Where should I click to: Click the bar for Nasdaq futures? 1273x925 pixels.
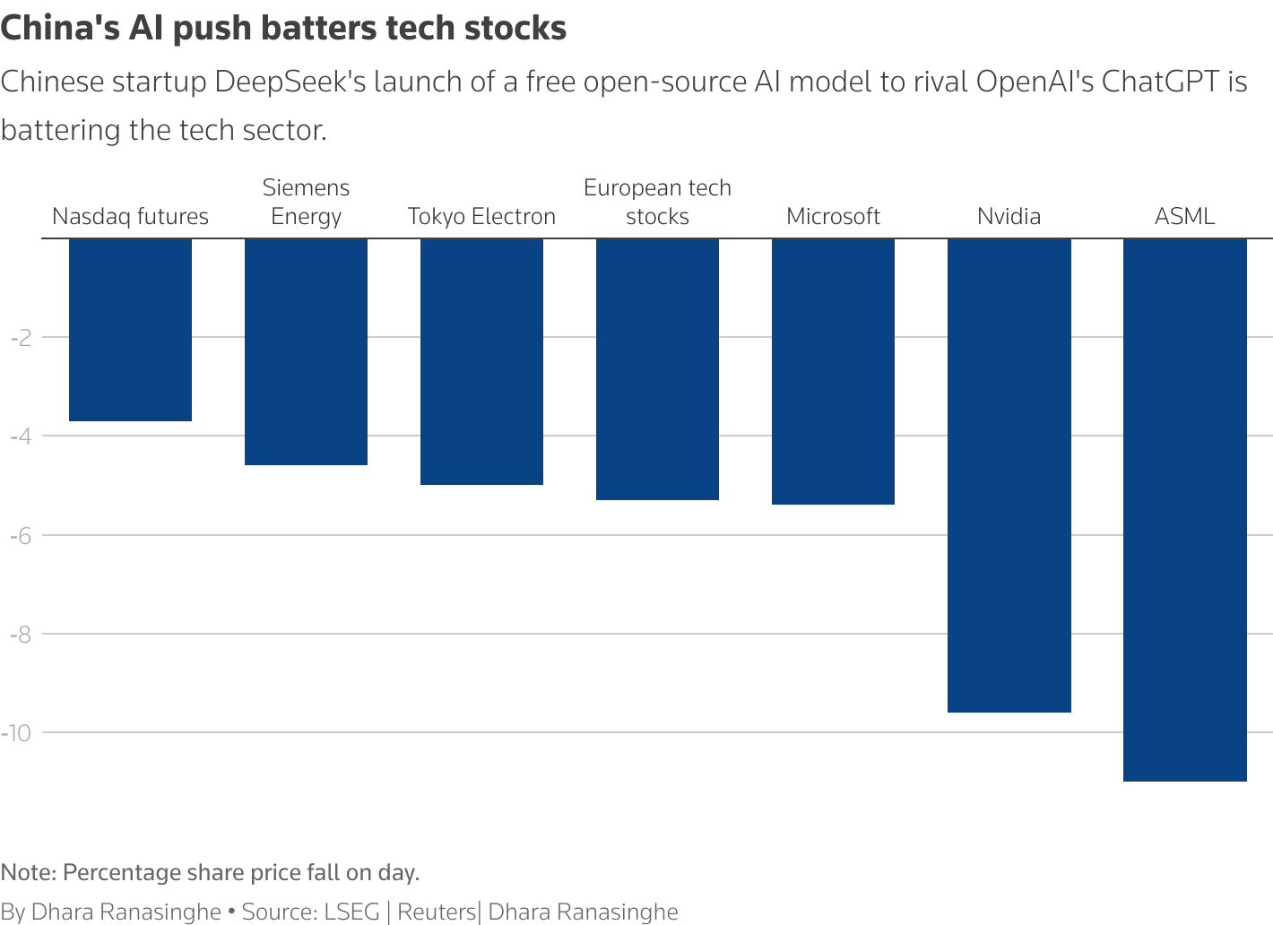[130, 330]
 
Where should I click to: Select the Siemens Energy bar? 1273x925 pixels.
[306, 351]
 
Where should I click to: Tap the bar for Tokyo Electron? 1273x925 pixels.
[481, 361]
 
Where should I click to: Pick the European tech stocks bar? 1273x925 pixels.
[657, 368]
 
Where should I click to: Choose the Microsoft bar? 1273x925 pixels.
[833, 371]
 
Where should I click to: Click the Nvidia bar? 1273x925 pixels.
[1009, 475]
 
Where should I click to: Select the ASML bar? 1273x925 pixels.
[1184, 509]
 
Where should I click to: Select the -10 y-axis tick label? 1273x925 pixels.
[17, 733]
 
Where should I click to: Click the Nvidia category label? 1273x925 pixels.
[1009, 217]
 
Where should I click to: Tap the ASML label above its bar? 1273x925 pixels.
[1184, 217]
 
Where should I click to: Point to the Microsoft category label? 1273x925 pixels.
[833, 217]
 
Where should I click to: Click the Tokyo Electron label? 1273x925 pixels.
[481, 217]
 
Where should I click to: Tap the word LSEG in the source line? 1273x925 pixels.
[351, 912]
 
